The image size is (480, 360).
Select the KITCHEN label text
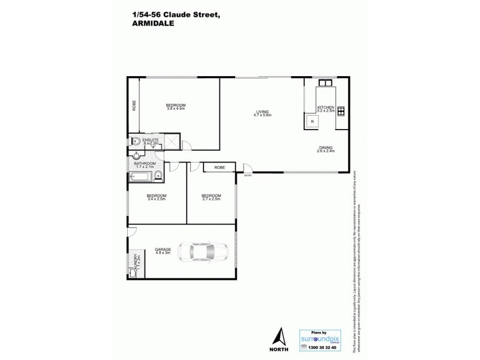click(x=326, y=108)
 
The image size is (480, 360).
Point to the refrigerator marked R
click(x=312, y=121)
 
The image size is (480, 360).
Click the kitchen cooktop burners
click(x=341, y=110)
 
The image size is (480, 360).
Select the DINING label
click(x=326, y=148)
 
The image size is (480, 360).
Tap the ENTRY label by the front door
click(x=248, y=175)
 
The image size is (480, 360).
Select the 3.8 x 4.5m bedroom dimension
click(x=176, y=110)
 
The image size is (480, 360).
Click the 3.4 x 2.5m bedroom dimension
click(x=157, y=199)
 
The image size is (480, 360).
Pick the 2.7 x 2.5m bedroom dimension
click(x=211, y=199)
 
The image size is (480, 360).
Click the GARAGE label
click(x=163, y=249)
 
